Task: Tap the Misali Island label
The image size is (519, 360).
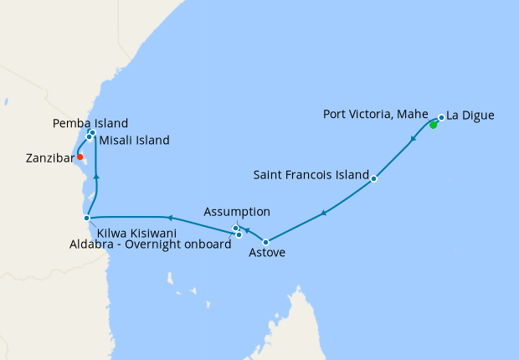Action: pyautogui.click(x=134, y=141)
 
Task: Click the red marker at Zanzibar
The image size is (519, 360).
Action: pyautogui.click(x=80, y=157)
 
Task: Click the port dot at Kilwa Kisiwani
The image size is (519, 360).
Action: pyautogui.click(x=86, y=218)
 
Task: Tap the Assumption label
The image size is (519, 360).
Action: pyautogui.click(x=238, y=212)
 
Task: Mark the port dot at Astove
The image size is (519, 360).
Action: pyautogui.click(x=266, y=242)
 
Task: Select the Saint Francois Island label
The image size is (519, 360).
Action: pyautogui.click(x=311, y=176)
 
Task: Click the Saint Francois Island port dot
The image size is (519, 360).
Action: pyautogui.click(x=373, y=178)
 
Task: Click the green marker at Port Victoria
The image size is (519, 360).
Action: pyautogui.click(x=433, y=126)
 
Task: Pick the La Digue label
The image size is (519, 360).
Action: pyautogui.click(x=470, y=115)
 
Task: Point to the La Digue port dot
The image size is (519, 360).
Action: pyautogui.click(x=441, y=117)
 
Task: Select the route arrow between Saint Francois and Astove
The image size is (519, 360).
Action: pyautogui.click(x=324, y=213)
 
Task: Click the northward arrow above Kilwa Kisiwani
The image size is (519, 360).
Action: pyautogui.click(x=96, y=176)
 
